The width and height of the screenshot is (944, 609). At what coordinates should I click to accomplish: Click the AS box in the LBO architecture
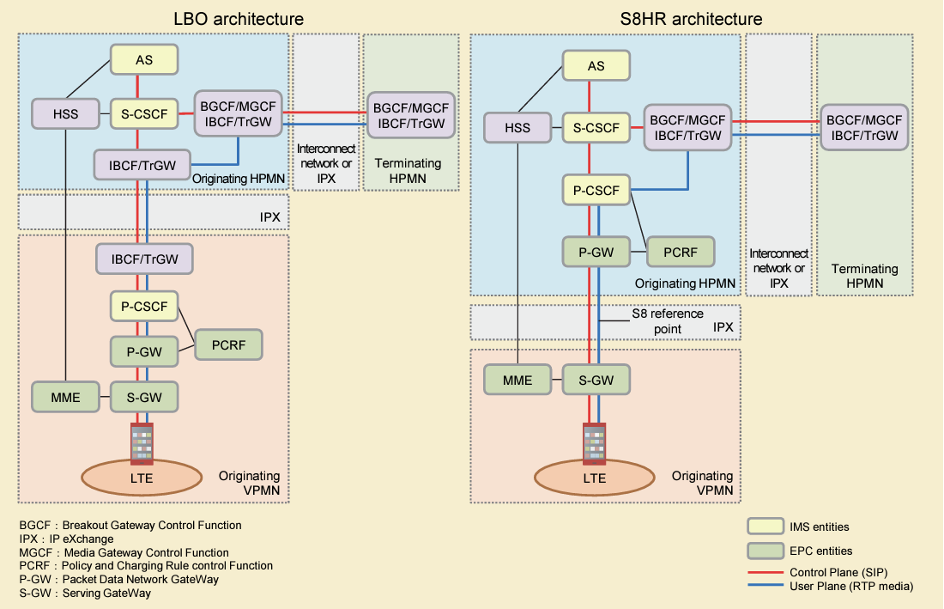coord(144,60)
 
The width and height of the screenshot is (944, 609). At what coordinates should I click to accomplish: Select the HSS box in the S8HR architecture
coord(517,128)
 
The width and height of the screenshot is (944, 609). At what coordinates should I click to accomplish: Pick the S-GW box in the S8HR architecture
coord(595,380)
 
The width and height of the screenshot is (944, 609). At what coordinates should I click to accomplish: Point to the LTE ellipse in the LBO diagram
coord(142,478)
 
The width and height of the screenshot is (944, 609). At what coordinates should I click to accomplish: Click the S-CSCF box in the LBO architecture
coord(144,113)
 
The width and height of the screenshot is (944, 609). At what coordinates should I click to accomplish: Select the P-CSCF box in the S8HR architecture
coord(596,190)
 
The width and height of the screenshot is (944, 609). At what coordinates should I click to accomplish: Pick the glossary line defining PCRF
coord(146,566)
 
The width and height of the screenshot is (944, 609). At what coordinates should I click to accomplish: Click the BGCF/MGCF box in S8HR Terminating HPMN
coord(861,127)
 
